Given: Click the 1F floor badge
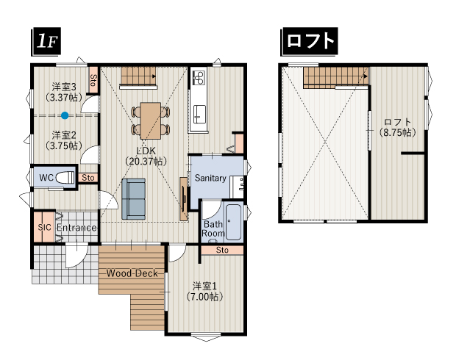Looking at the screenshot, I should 46,43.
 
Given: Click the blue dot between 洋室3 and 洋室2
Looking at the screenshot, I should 65,115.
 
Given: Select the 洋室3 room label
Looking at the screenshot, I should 65,91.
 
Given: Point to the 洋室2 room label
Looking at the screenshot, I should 65,140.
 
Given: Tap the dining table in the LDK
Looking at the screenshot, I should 151,118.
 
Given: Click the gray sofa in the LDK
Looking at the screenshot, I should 134,198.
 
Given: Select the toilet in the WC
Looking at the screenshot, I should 65,177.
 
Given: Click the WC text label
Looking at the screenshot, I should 45,177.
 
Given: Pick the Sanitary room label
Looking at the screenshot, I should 210,178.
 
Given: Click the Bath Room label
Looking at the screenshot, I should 213,228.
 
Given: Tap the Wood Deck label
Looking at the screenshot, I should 133,273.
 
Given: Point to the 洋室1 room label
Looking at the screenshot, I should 204,291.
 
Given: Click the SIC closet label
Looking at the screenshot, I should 43,228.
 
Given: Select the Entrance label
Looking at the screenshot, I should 76,228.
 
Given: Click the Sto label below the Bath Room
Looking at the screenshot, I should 222,251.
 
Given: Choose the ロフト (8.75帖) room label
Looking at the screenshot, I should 397,127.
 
